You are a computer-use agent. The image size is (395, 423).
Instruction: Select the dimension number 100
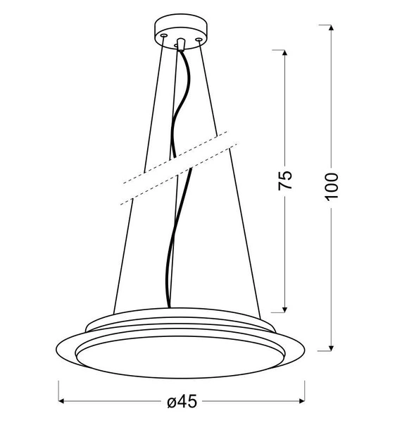pyautogui.click(x=332, y=185)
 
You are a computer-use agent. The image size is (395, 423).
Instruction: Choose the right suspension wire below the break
pyautogui.click(x=250, y=254)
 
